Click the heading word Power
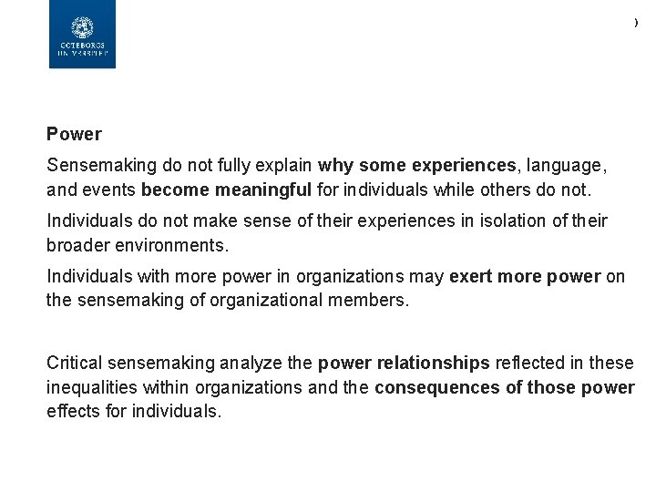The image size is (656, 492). [x=74, y=134]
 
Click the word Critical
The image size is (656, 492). [x=75, y=363]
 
